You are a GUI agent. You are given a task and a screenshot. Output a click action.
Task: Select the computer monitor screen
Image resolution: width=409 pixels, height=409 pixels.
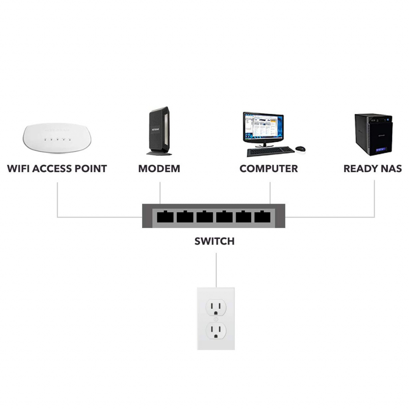point(263,127)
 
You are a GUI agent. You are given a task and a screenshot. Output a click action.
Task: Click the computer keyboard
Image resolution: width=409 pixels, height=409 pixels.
point(270,151)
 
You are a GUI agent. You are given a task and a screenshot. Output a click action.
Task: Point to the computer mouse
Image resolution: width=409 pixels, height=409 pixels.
point(300,149)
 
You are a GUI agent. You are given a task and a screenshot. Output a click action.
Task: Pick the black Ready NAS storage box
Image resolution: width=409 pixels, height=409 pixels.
point(373,134)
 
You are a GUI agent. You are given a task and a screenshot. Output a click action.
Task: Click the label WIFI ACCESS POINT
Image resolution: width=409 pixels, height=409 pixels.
point(57,169)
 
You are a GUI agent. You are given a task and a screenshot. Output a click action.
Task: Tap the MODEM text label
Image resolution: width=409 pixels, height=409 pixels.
point(159,169)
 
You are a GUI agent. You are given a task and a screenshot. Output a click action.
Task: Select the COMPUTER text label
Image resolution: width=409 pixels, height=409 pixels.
point(268,169)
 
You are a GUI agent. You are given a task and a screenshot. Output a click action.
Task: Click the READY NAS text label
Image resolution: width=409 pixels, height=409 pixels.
point(372,169)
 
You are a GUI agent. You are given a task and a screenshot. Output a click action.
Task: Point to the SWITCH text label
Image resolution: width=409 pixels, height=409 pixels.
point(214,241)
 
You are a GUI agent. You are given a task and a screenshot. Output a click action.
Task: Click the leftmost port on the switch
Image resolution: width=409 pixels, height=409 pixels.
point(165,217)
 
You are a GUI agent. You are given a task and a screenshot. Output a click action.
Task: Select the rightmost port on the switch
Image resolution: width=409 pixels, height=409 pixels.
point(263,217)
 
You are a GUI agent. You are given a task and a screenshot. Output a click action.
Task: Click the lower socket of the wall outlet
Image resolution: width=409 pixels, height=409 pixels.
point(216,330)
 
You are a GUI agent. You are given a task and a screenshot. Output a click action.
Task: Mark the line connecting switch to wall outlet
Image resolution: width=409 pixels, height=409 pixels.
point(216,270)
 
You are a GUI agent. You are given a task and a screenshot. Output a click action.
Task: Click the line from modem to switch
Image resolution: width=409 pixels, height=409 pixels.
point(160,193)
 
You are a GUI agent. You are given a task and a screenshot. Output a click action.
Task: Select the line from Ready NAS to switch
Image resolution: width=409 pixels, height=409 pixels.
point(375,200)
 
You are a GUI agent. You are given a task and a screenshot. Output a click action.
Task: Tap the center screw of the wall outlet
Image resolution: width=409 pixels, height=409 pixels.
point(216,319)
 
